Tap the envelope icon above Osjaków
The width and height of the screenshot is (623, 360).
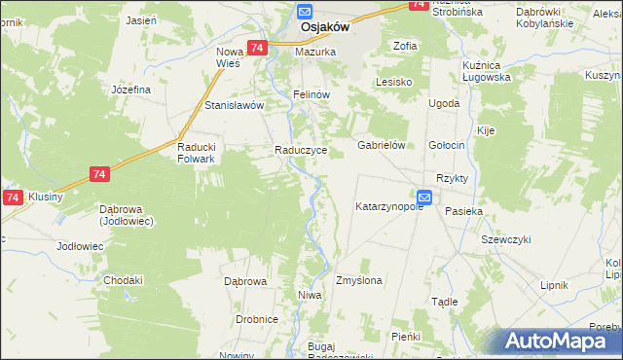coord(304,12)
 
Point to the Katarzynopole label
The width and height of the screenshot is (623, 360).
coord(389,207)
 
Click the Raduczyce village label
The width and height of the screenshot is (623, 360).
coord(307,151)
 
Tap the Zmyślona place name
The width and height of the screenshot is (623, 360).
coord(358,280)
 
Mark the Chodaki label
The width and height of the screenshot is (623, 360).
coord(124,280)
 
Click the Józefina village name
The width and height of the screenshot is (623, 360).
coord(130,90)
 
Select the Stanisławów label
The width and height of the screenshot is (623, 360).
coord(234,105)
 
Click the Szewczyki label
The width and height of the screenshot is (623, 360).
coord(505,239)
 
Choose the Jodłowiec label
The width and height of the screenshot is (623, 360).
coord(80,246)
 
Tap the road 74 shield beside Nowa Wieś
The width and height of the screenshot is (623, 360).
coord(257,48)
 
